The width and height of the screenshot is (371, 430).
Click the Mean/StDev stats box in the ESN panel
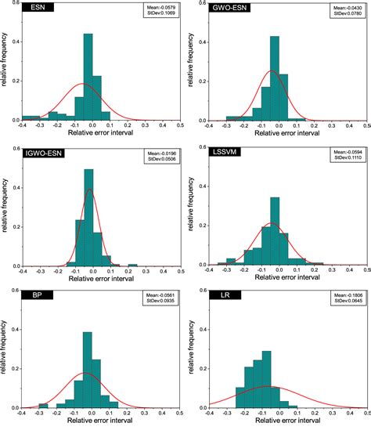(160, 10)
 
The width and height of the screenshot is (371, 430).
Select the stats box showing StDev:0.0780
(345, 10)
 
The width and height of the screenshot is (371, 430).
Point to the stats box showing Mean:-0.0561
(160, 298)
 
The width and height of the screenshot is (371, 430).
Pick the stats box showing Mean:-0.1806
(345, 298)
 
